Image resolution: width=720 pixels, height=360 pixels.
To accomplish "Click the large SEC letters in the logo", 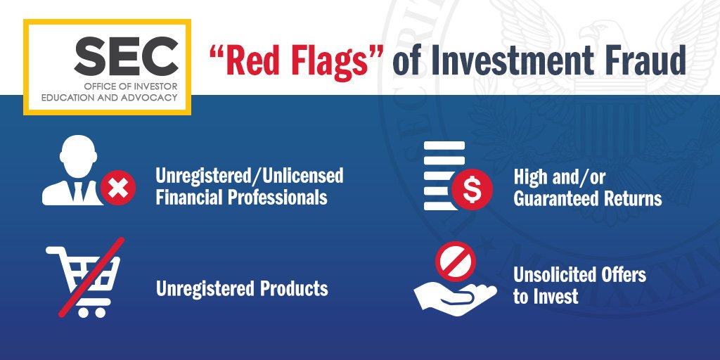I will point(126,56).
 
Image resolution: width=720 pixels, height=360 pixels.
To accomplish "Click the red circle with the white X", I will point(119,188).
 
